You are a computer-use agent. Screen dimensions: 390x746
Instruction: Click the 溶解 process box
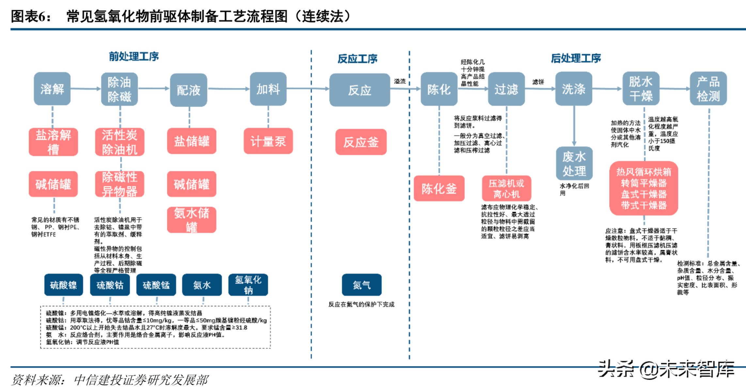click(52, 89)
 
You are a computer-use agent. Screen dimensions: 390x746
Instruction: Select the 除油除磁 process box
click(119, 89)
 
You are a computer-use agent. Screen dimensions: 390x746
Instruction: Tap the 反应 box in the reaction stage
click(360, 90)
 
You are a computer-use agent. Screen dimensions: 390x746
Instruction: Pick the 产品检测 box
click(708, 89)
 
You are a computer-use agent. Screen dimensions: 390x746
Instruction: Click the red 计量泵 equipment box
click(268, 141)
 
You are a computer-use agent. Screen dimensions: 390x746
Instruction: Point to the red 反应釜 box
click(361, 142)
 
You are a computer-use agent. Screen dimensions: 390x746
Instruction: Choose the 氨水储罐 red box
click(192, 219)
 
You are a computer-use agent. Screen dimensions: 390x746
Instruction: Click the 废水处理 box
click(574, 163)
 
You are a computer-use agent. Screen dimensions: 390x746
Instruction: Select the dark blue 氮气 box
click(362, 285)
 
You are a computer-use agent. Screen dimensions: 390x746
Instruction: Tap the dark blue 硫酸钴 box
click(110, 285)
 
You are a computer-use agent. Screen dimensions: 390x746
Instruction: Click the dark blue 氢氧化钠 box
click(248, 285)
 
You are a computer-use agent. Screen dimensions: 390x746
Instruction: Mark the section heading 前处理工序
click(134, 57)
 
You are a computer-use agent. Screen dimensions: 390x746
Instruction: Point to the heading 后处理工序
click(576, 58)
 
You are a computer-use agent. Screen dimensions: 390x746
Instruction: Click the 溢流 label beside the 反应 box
click(400, 81)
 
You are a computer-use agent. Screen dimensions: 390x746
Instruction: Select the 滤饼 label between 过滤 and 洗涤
click(538, 82)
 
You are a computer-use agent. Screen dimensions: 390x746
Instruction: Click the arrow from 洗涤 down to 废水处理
click(574, 126)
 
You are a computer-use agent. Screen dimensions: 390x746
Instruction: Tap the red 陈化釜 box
click(439, 188)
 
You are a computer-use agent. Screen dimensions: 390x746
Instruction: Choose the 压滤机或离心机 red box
click(506, 188)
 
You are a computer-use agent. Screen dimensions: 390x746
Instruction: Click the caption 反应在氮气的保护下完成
click(361, 304)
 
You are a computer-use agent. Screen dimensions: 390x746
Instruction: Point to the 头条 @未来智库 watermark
click(666, 370)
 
